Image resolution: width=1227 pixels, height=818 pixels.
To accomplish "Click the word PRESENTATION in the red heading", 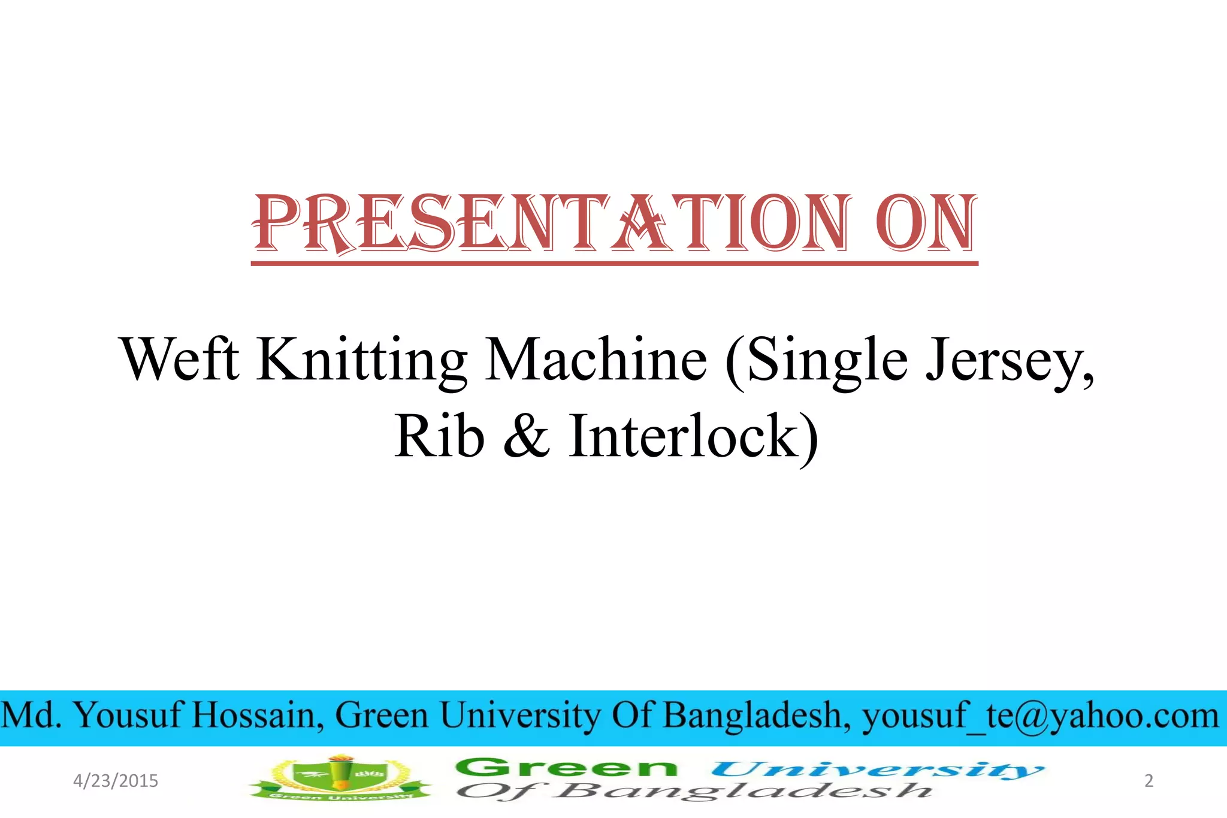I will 551,225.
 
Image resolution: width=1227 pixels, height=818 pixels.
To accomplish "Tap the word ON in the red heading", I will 926,225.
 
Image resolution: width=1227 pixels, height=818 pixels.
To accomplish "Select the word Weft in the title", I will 180,360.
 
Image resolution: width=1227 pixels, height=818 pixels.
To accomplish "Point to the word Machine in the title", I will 596,360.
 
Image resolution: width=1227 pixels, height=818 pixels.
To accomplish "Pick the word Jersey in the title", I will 1010,360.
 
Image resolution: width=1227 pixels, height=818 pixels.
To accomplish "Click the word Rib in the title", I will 439,436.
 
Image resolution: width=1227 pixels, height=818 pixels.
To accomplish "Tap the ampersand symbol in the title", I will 526,436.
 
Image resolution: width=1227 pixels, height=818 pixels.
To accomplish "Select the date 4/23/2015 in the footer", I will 116,781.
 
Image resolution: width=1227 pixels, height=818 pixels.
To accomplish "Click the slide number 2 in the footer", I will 1149,781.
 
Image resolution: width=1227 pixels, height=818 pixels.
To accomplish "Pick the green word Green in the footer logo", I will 566,768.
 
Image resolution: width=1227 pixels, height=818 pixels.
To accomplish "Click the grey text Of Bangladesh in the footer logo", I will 695,791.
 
